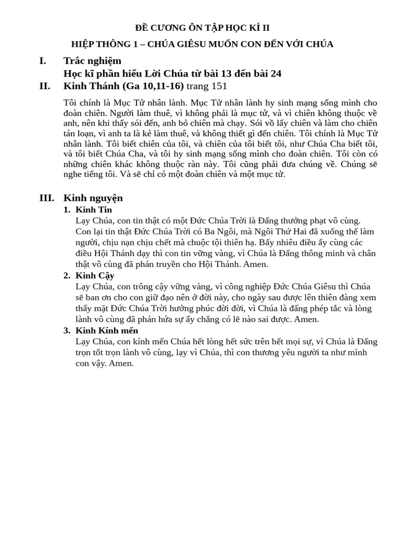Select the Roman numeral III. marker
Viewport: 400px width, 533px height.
46,198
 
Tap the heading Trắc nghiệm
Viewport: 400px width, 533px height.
92,61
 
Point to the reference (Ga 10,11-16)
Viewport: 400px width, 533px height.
154,86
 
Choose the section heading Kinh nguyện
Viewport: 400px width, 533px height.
93,198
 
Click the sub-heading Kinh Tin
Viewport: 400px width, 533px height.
94,210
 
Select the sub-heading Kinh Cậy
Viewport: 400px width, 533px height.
95,275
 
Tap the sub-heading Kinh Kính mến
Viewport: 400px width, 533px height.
107,331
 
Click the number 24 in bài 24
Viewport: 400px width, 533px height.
276,73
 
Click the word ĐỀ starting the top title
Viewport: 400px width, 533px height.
142,28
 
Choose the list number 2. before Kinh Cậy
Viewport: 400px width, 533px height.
67,275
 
